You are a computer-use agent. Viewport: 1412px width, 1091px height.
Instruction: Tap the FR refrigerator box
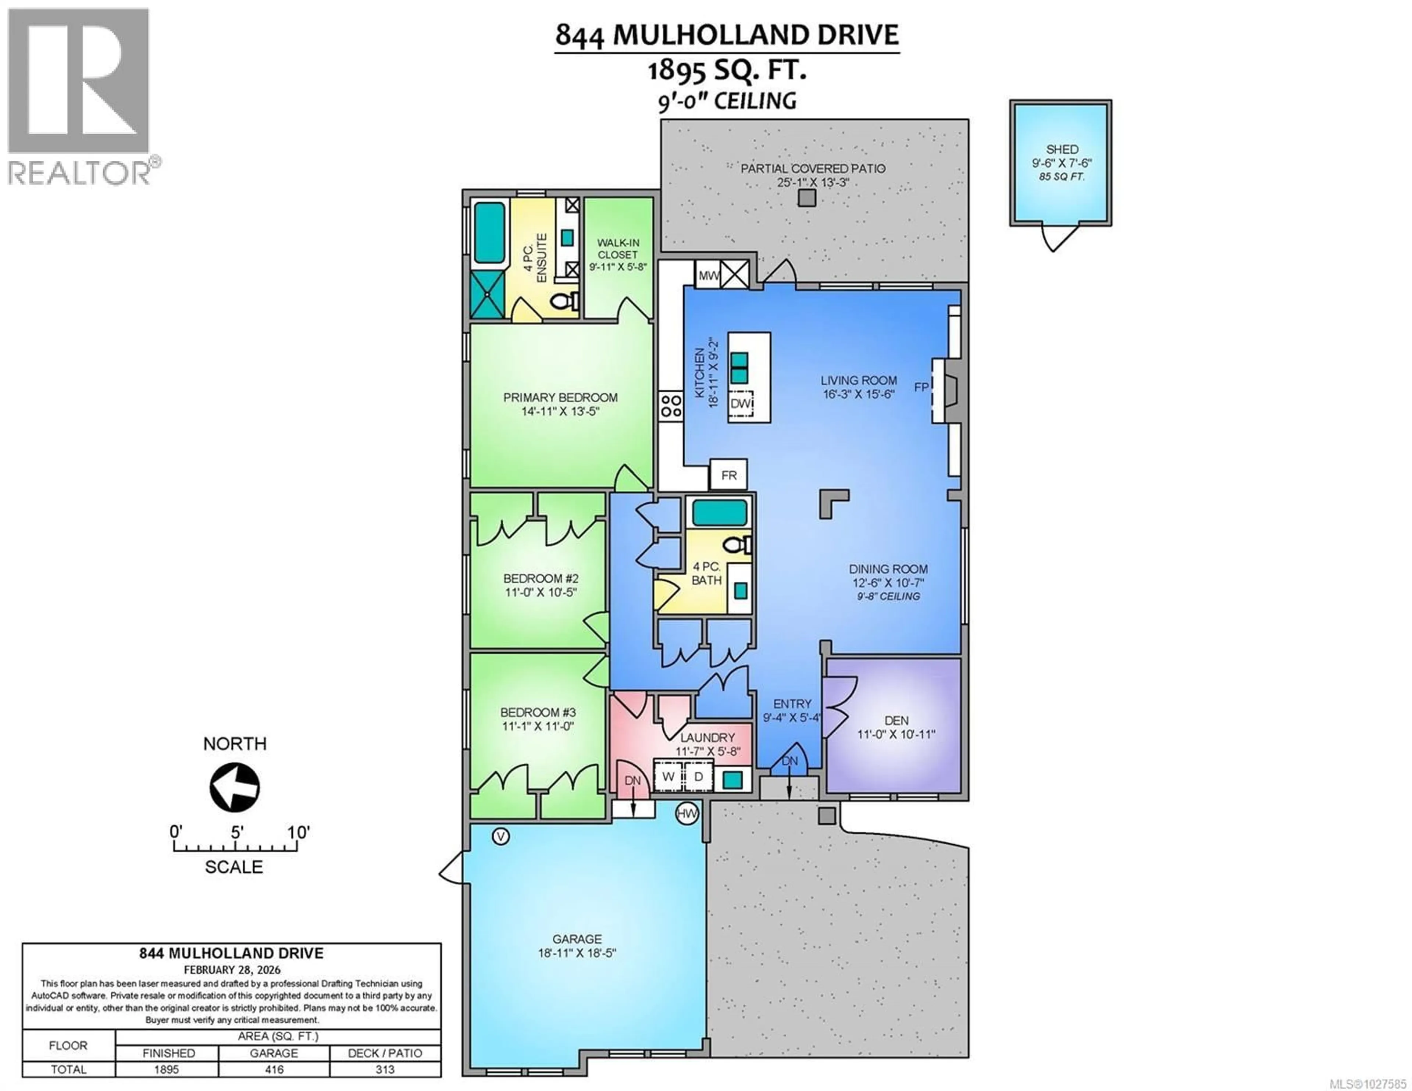[729, 475]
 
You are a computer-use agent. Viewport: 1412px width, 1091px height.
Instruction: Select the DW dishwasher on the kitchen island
[741, 403]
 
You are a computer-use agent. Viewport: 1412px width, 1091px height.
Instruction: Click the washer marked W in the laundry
[668, 776]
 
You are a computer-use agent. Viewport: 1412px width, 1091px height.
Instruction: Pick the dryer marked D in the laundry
[698, 776]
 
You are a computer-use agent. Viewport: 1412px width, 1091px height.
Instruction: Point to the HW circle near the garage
[687, 813]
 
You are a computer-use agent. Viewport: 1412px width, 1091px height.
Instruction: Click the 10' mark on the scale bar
[298, 833]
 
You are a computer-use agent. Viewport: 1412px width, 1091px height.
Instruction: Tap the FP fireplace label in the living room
[921, 387]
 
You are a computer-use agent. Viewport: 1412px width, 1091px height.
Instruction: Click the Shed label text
[1062, 149]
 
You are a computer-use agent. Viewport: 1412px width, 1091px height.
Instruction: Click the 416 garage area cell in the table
[274, 1070]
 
